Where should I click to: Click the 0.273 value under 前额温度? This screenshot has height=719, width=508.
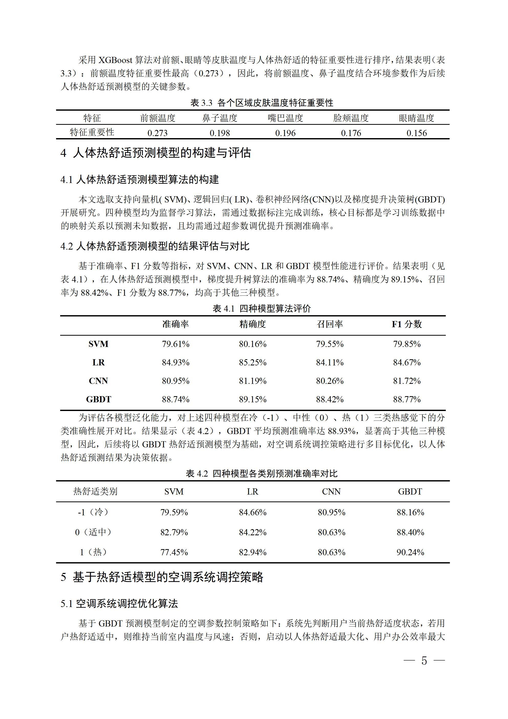tap(157, 133)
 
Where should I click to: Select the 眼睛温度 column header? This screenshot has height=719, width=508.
tap(416, 118)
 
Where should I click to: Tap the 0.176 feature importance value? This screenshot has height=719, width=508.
tap(351, 133)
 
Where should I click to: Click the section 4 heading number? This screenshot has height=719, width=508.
tap(63, 153)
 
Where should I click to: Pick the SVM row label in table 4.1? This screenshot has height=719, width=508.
tap(98, 344)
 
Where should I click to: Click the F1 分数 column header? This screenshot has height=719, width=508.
tap(407, 324)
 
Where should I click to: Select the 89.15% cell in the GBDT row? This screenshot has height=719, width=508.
tap(252, 399)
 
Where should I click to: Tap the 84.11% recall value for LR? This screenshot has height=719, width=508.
tap(330, 362)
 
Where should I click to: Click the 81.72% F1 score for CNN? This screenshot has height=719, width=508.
tap(407, 381)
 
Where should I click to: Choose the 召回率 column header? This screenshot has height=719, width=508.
tap(330, 324)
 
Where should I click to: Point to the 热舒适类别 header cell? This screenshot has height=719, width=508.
tap(95, 491)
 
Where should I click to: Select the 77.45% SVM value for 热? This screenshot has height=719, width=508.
tap(174, 552)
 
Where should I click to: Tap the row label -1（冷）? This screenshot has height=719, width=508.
tap(93, 512)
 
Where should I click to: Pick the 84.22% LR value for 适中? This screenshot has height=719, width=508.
tap(252, 532)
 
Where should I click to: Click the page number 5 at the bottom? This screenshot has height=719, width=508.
tap(424, 661)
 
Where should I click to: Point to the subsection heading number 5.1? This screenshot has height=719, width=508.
tap(67, 603)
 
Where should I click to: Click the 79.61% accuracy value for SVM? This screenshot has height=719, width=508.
tap(176, 344)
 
